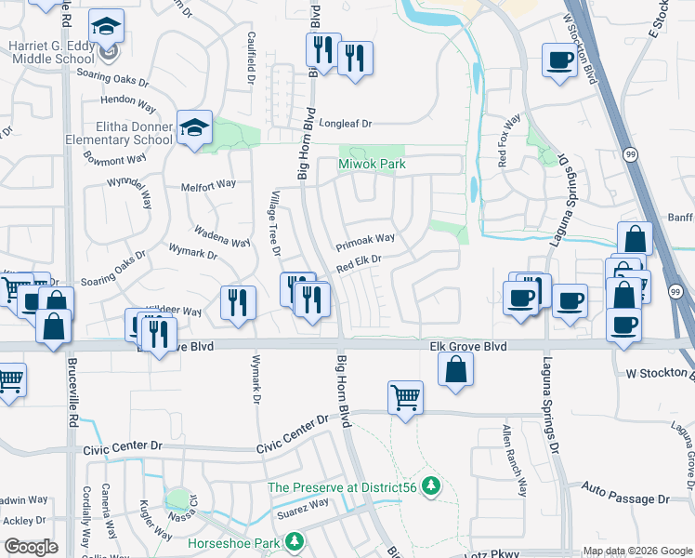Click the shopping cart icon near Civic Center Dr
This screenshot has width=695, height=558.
[405, 397]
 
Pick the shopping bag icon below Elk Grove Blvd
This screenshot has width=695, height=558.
[456, 369]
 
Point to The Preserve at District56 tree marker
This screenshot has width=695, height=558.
[430, 485]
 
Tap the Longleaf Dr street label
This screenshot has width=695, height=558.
[345, 123]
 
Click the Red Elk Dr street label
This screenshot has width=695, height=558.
[360, 265]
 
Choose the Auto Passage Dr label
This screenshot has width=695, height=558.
[626, 499]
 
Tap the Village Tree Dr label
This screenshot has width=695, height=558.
[275, 222]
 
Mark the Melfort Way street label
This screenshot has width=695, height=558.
[209, 185]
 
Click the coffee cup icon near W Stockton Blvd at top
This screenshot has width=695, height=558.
[560, 60]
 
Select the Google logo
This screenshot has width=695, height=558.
[32, 547]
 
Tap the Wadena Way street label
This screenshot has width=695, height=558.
[221, 236]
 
